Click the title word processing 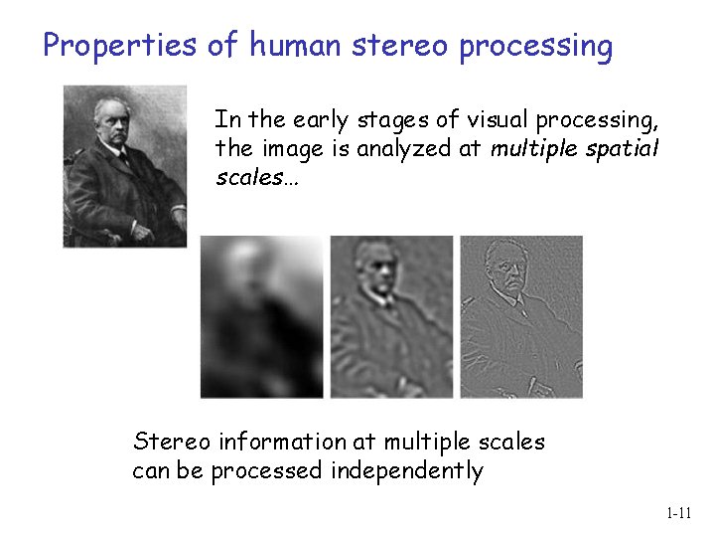pyautogui.click(x=536, y=46)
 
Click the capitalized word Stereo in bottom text pyautogui.click(x=166, y=442)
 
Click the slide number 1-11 pyautogui.click(x=678, y=513)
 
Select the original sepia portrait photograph pyautogui.click(x=125, y=165)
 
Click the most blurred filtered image pyautogui.click(x=262, y=316)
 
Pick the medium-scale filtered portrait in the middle pyautogui.click(x=391, y=316)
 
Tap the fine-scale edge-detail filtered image pyautogui.click(x=521, y=316)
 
